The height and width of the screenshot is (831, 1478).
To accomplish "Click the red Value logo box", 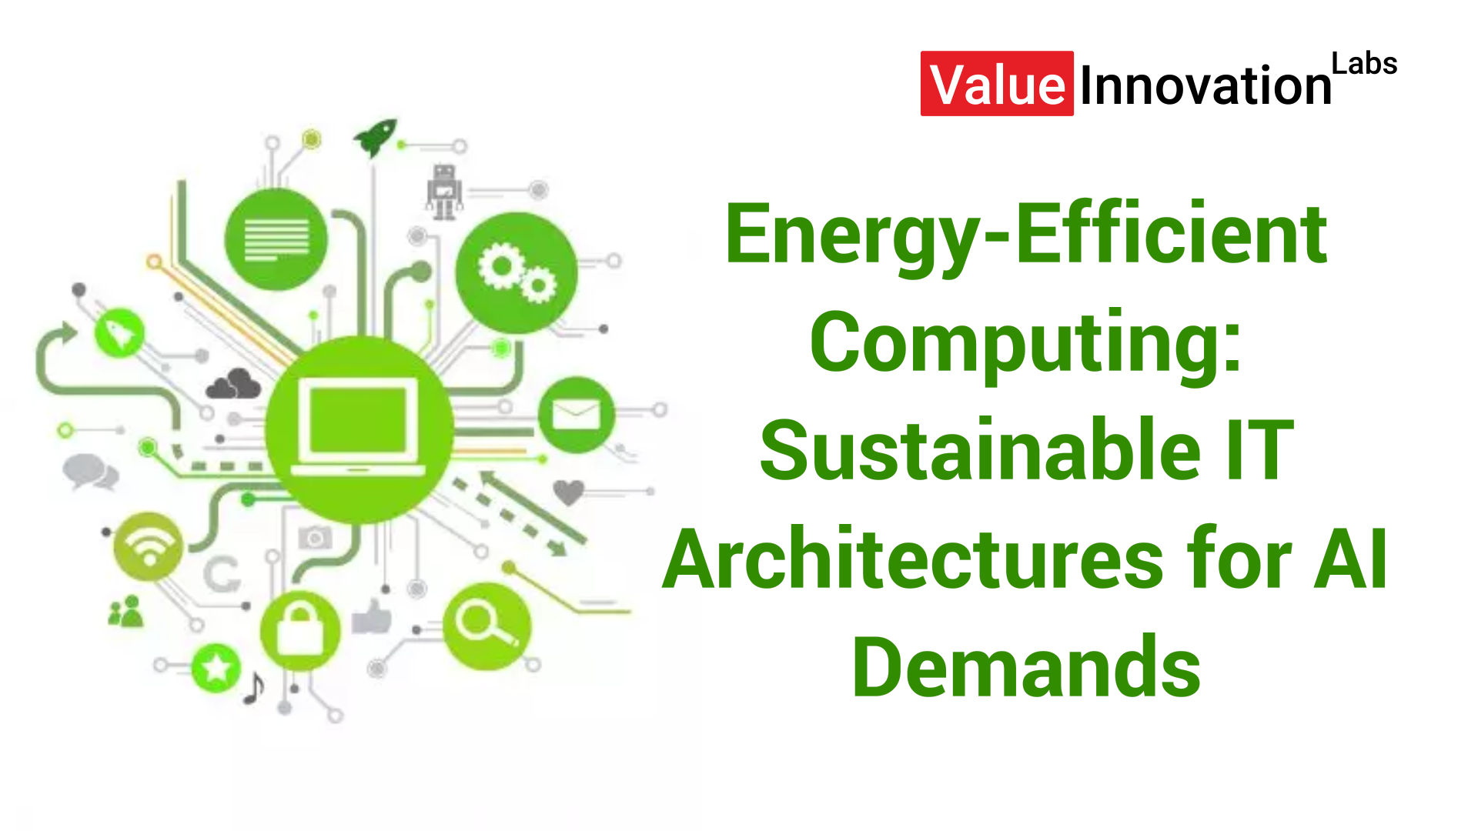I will pyautogui.click(x=997, y=84).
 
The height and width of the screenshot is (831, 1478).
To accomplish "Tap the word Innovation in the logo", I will pyautogui.click(x=1205, y=85).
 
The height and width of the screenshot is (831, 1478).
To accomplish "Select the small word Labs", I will pyautogui.click(x=1364, y=64).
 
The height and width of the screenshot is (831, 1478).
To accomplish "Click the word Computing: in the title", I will pyautogui.click(x=1025, y=342).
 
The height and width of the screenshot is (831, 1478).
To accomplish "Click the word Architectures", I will pyautogui.click(x=912, y=559).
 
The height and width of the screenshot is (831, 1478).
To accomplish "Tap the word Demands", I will pyautogui.click(x=1026, y=667).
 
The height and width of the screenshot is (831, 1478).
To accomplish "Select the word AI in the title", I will pyautogui.click(x=1351, y=559).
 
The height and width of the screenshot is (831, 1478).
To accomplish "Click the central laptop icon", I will pyautogui.click(x=359, y=429).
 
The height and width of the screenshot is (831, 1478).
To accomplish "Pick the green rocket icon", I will pyautogui.click(x=376, y=138).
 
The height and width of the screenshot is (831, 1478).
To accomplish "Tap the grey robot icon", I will pyautogui.click(x=444, y=192).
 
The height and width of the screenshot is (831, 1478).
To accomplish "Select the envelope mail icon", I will pyautogui.click(x=577, y=415).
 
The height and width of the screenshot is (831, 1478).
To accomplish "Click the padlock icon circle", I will pyautogui.click(x=300, y=630).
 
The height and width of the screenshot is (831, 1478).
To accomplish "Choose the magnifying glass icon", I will pyautogui.click(x=487, y=626).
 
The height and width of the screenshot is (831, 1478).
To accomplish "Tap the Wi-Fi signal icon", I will pyautogui.click(x=149, y=546).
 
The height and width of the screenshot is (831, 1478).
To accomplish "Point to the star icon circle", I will pyautogui.click(x=216, y=668).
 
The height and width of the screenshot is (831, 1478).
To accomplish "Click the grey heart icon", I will pyautogui.click(x=568, y=492).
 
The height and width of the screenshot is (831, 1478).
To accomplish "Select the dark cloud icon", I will pyautogui.click(x=234, y=384).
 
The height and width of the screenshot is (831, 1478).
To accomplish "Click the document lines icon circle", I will pyautogui.click(x=276, y=239).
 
